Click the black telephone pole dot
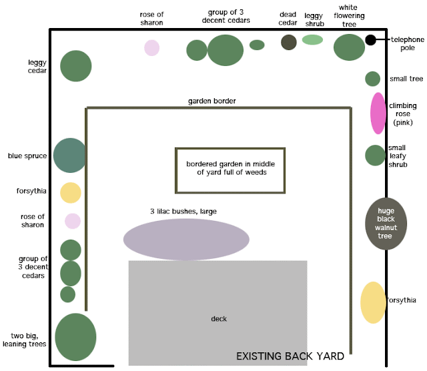[x=370, y=40]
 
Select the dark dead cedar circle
[x=288, y=42]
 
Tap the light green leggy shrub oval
[x=312, y=40]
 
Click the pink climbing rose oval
[x=378, y=113]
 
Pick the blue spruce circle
[x=70, y=155]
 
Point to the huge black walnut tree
[x=386, y=224]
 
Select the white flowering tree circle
[x=349, y=47]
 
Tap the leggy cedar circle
[x=76, y=65]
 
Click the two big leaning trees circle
[x=75, y=337]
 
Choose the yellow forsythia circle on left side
[x=71, y=192]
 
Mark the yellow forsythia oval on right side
[x=373, y=302]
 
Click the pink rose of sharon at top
[x=152, y=48]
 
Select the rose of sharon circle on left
[x=72, y=221]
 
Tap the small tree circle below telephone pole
[x=372, y=79]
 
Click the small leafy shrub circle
[x=375, y=155]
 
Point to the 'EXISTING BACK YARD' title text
[x=290, y=356]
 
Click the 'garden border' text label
[x=211, y=101]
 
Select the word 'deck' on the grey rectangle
[x=218, y=319]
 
